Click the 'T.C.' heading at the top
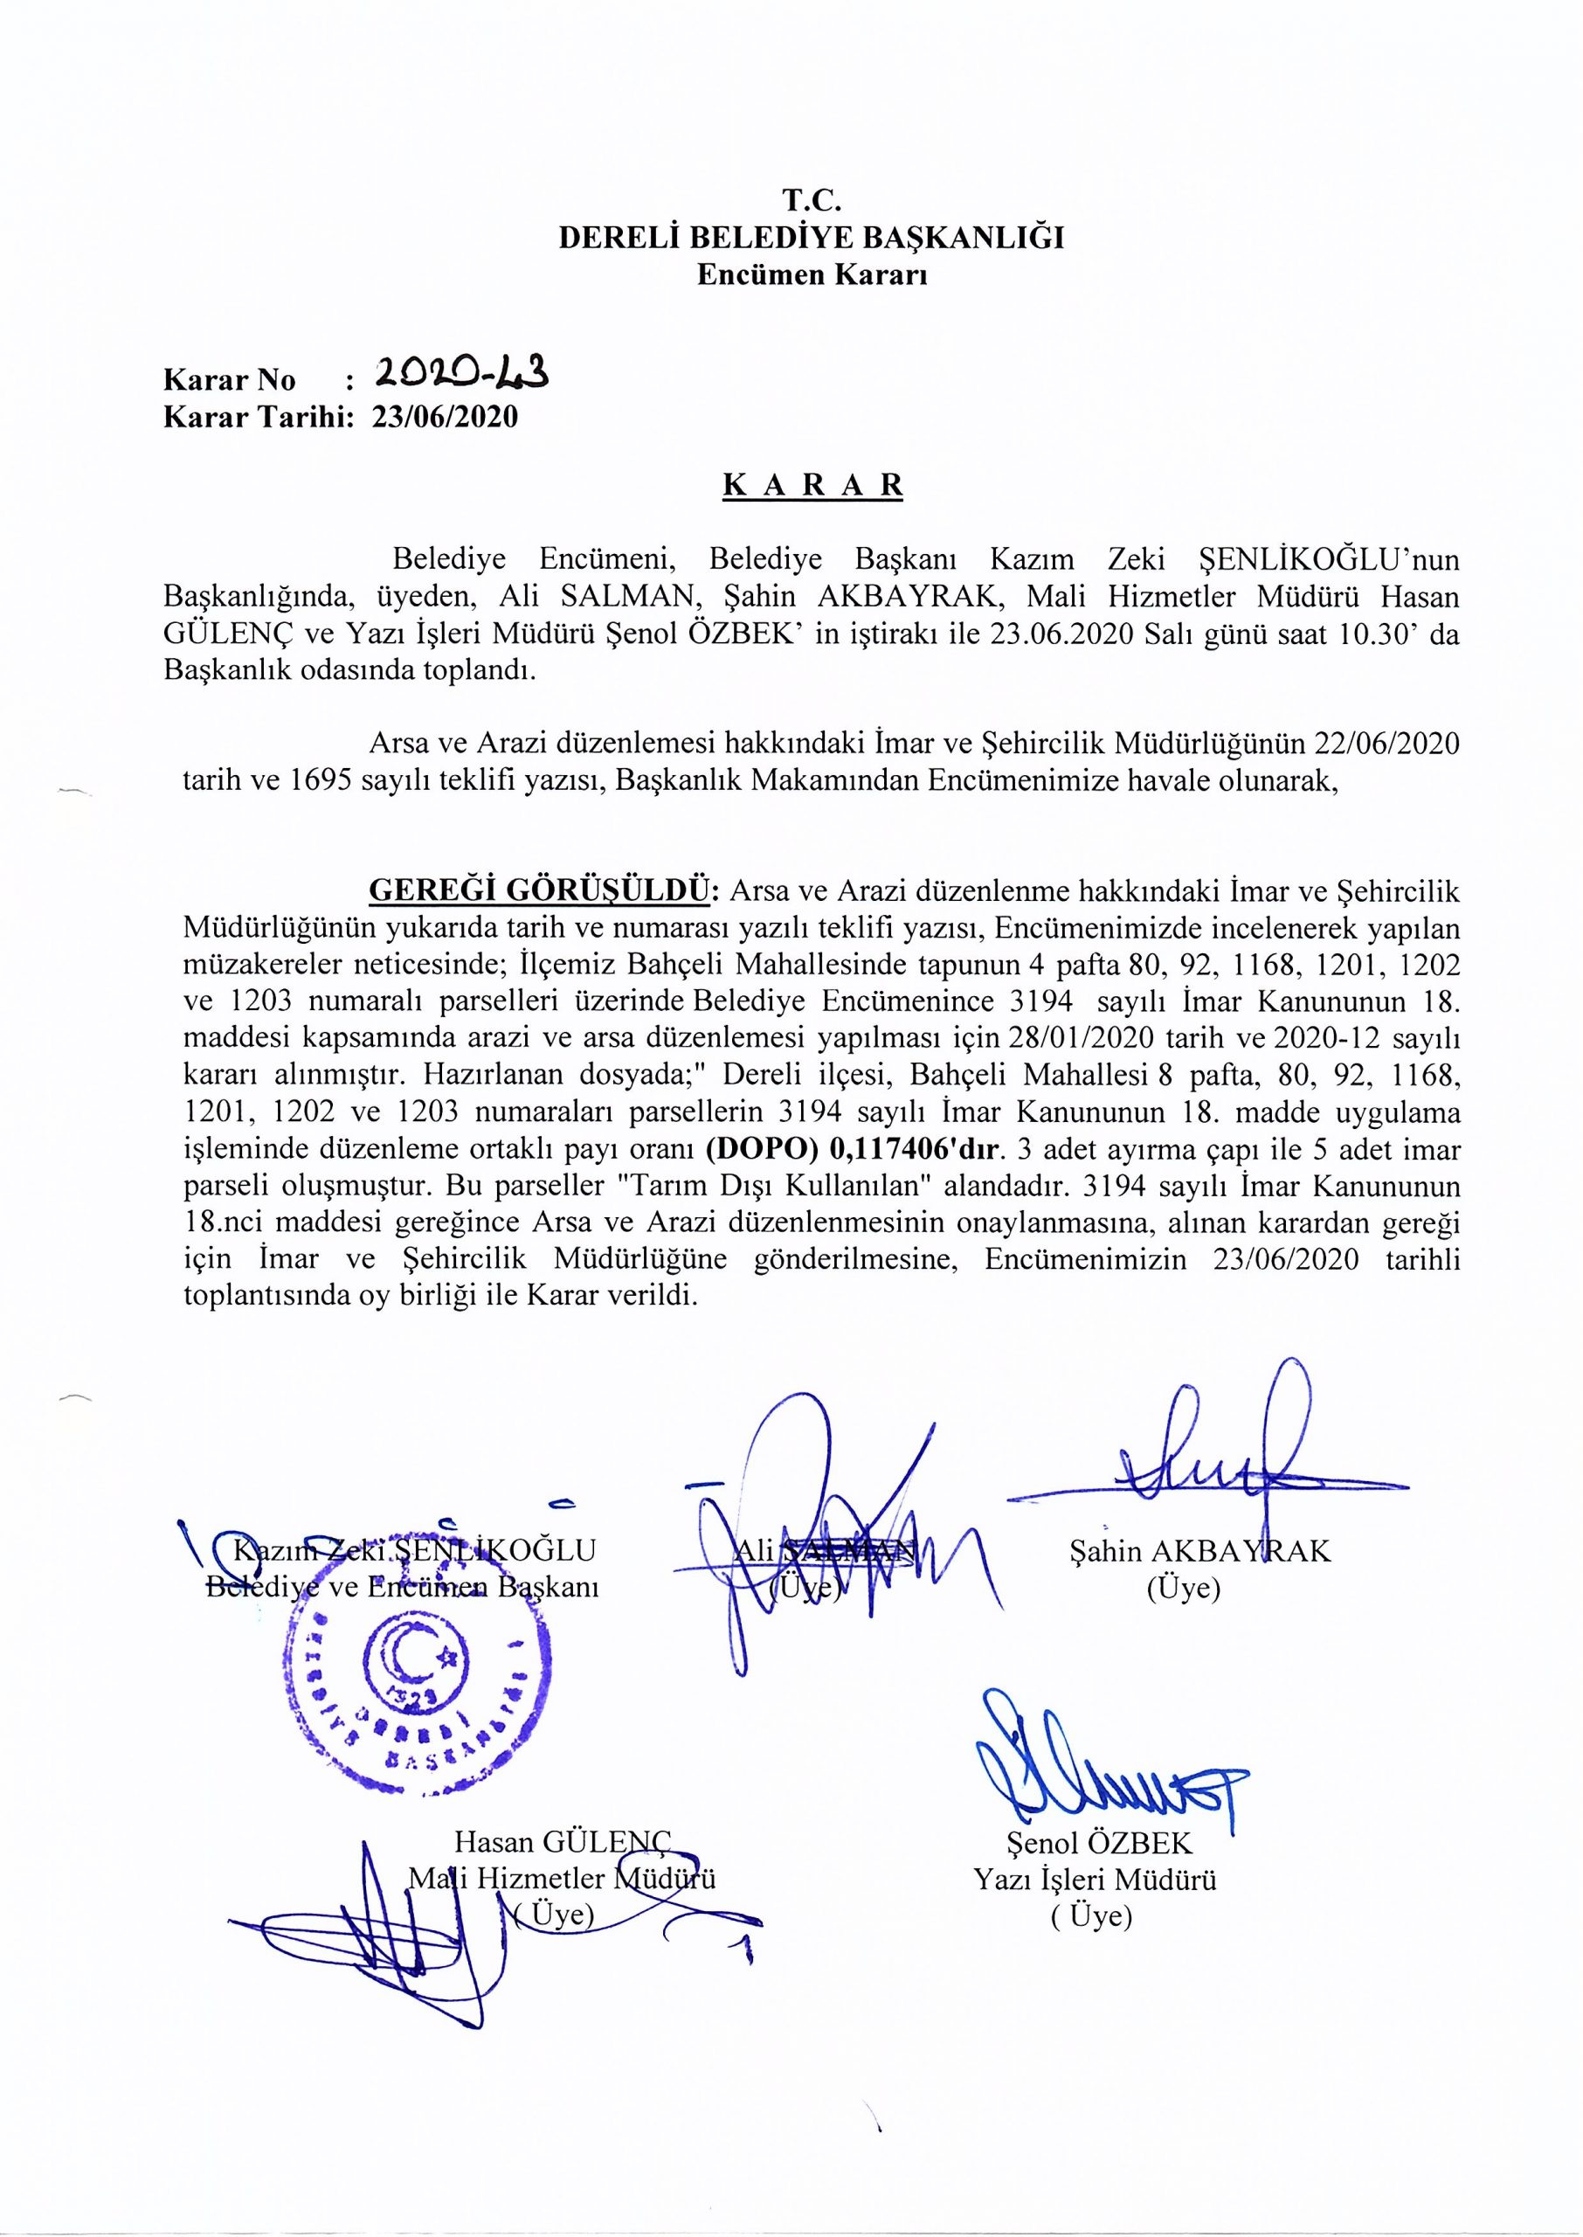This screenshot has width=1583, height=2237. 811,201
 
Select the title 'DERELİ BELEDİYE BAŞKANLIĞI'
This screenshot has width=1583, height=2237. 811,238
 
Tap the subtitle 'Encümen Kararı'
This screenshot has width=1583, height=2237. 811,275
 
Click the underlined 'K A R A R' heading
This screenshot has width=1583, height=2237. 812,486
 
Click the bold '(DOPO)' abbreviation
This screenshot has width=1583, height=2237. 763,1151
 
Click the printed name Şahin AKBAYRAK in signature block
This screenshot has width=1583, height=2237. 1199,1551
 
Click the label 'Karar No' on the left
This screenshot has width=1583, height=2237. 229,379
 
